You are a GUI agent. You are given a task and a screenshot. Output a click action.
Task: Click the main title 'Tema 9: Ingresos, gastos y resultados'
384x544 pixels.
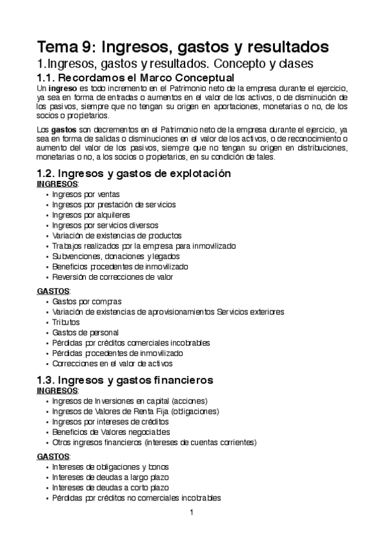point(183,47)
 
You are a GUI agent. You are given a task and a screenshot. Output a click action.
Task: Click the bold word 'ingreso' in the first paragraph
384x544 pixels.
point(63,88)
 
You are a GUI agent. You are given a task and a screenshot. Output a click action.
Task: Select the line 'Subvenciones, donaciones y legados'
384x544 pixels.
point(112,256)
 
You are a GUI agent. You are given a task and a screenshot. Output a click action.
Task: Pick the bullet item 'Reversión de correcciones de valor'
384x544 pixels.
point(113,276)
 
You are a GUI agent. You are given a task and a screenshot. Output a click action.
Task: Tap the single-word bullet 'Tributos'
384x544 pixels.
point(67,321)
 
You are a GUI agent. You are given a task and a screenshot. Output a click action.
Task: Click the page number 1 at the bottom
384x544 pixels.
point(191,512)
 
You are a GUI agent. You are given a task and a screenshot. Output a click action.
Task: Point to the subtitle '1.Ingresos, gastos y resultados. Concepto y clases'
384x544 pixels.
point(174,64)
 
